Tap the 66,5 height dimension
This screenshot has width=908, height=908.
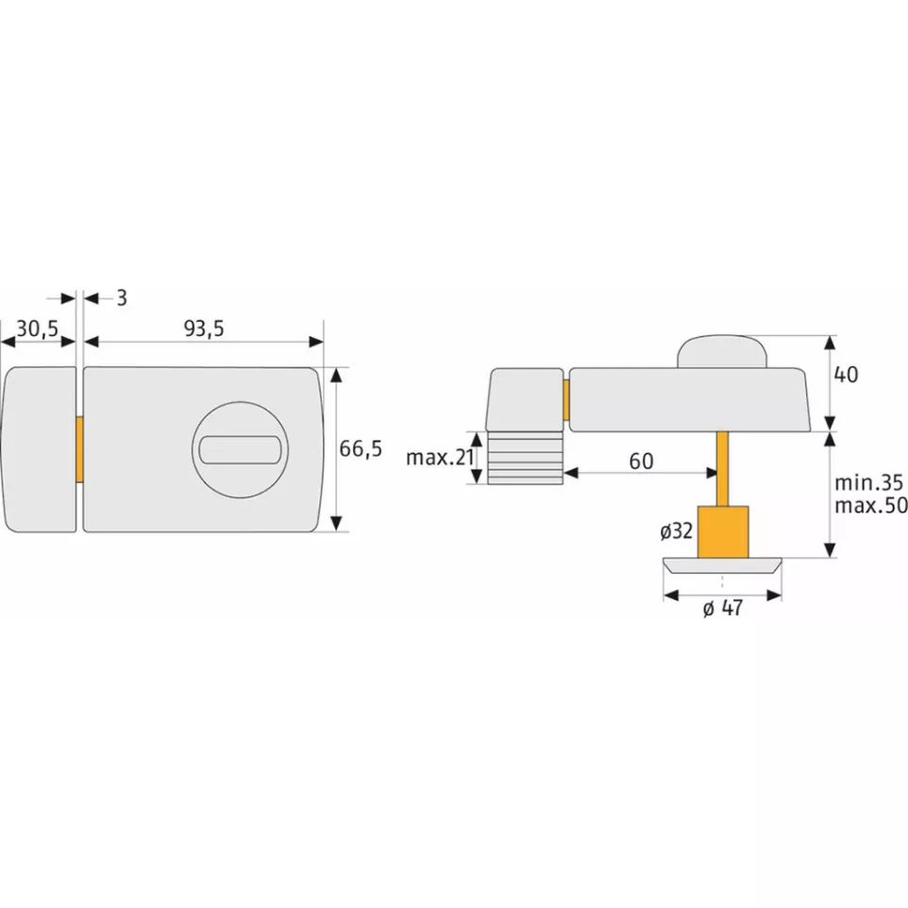[361, 449]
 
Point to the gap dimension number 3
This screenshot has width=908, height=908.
[121, 298]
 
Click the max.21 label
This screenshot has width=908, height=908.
[439, 458]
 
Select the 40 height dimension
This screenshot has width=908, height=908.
[846, 375]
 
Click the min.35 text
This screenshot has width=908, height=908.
[869, 483]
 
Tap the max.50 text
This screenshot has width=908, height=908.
[869, 506]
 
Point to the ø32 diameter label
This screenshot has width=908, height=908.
[677, 531]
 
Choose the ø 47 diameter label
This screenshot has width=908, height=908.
[723, 609]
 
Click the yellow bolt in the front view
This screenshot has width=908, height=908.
[80, 449]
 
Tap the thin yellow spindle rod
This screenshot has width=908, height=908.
[723, 468]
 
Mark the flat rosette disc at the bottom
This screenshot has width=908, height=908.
[723, 565]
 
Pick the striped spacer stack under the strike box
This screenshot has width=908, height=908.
[525, 459]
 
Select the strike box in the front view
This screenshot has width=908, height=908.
[39, 449]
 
